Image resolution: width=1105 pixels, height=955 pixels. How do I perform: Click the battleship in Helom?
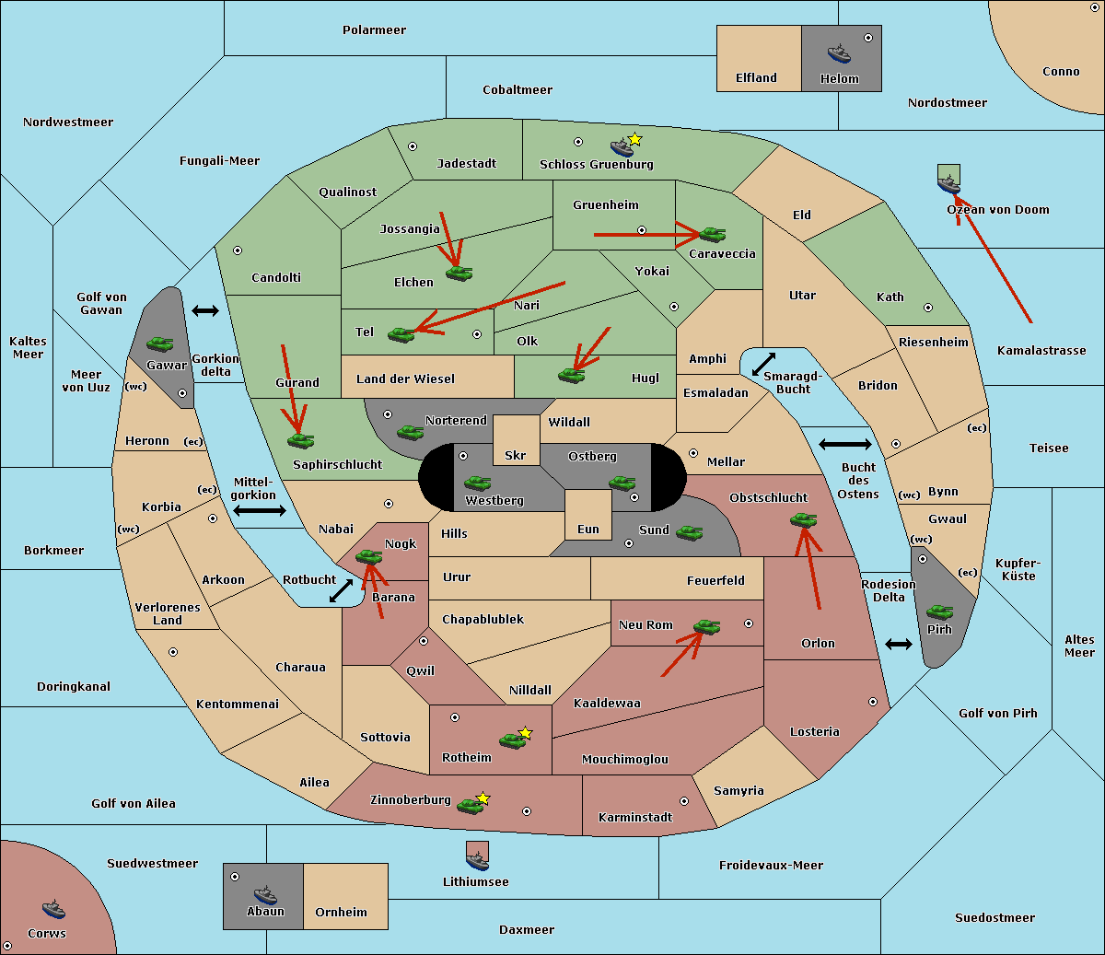839,53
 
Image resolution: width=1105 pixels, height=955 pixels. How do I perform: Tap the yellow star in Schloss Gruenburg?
634,140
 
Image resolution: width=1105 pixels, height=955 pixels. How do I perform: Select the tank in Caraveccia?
713,234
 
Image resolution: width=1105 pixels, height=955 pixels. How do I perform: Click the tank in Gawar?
160,344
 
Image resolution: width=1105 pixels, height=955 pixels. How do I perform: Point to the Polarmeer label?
374,30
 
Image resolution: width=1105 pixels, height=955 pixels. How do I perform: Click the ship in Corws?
53,909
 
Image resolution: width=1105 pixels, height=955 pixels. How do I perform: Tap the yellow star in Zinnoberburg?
483,798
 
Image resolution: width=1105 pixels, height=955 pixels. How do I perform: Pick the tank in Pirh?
939,611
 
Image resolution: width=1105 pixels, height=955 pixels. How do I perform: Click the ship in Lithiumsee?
477,860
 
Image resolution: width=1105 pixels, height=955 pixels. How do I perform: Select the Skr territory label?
516,455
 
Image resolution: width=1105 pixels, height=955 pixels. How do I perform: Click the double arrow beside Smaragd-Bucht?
763,364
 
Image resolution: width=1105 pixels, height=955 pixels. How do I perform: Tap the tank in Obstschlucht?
804,519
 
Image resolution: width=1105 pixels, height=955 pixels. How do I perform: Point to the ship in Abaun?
266,894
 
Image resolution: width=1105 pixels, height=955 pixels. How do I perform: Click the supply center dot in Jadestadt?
413,146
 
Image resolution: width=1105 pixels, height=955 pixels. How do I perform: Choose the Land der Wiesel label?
405,379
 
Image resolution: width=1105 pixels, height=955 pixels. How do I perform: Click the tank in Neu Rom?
706,626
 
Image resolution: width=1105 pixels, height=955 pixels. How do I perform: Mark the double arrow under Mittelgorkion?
260,510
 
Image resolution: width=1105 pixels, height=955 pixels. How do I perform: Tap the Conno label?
1061,72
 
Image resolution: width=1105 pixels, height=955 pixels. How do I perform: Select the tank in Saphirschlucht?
300,440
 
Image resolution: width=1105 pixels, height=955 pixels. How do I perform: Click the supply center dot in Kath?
928,308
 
